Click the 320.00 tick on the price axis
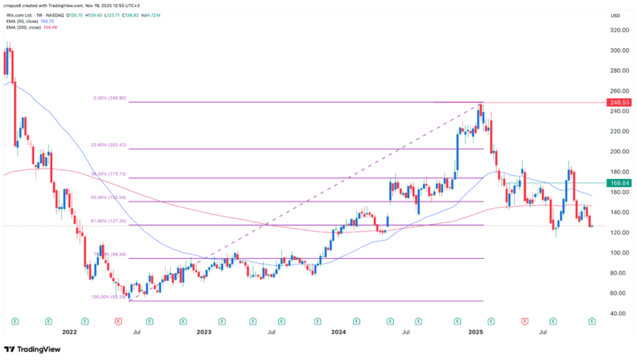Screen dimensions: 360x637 617,30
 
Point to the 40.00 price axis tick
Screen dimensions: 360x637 616,314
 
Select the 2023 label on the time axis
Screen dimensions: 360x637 203,332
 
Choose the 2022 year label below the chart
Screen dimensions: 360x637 69,332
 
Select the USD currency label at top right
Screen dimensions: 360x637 615,15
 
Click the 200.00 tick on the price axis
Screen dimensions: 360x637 617,152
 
